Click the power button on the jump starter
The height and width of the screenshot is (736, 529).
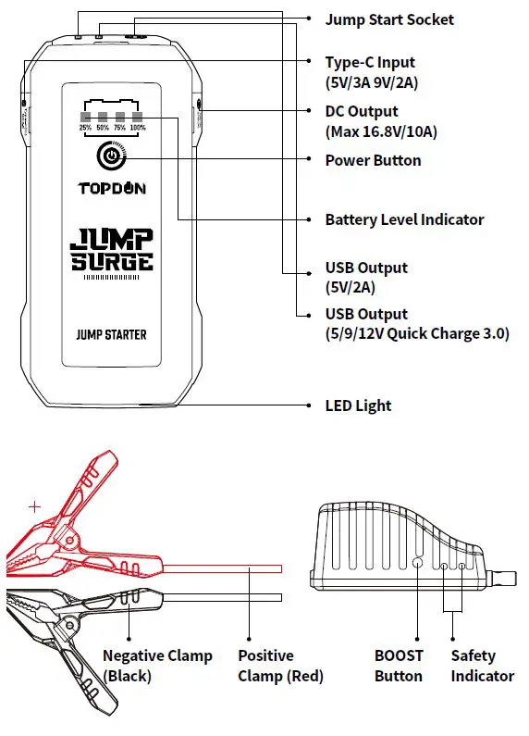[110, 156]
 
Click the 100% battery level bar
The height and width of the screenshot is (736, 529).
[138, 118]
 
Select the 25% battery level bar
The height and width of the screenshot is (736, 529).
[84, 118]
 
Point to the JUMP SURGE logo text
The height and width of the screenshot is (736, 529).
[112, 250]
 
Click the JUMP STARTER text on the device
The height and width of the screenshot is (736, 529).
[111, 334]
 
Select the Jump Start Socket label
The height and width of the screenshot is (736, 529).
[389, 19]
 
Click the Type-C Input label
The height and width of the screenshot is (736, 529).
[370, 63]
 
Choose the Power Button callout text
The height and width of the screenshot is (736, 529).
[373, 160]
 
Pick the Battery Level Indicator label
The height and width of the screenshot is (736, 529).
[404, 219]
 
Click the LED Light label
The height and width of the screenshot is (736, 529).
[358, 405]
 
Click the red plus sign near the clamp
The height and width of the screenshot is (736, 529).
[35, 506]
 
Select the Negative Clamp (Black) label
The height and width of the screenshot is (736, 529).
[157, 666]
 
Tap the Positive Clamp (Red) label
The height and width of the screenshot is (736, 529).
[280, 666]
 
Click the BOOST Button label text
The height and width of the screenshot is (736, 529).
[399, 666]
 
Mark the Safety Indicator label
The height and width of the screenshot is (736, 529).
[482, 666]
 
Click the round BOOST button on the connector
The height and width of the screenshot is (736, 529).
[417, 562]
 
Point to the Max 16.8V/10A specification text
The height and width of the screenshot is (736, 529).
[381, 131]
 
